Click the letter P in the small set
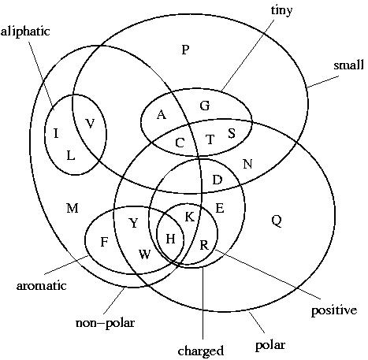tap(185, 50)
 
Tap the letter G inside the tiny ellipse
tap(205, 106)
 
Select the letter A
tap(162, 115)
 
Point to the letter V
tap(90, 124)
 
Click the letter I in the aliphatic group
tap(56, 133)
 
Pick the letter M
tap(72, 209)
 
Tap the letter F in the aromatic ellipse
tap(104, 242)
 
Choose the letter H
tap(170, 239)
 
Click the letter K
tap(190, 217)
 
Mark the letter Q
tap(277, 221)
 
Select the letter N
tap(247, 164)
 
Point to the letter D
tap(217, 180)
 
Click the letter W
tap(145, 254)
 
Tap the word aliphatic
tap(25, 32)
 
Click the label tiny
tap(281, 11)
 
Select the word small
tap(348, 65)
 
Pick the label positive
tap(334, 311)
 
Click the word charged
tap(201, 351)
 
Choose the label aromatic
tap(41, 286)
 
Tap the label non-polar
tap(105, 323)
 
